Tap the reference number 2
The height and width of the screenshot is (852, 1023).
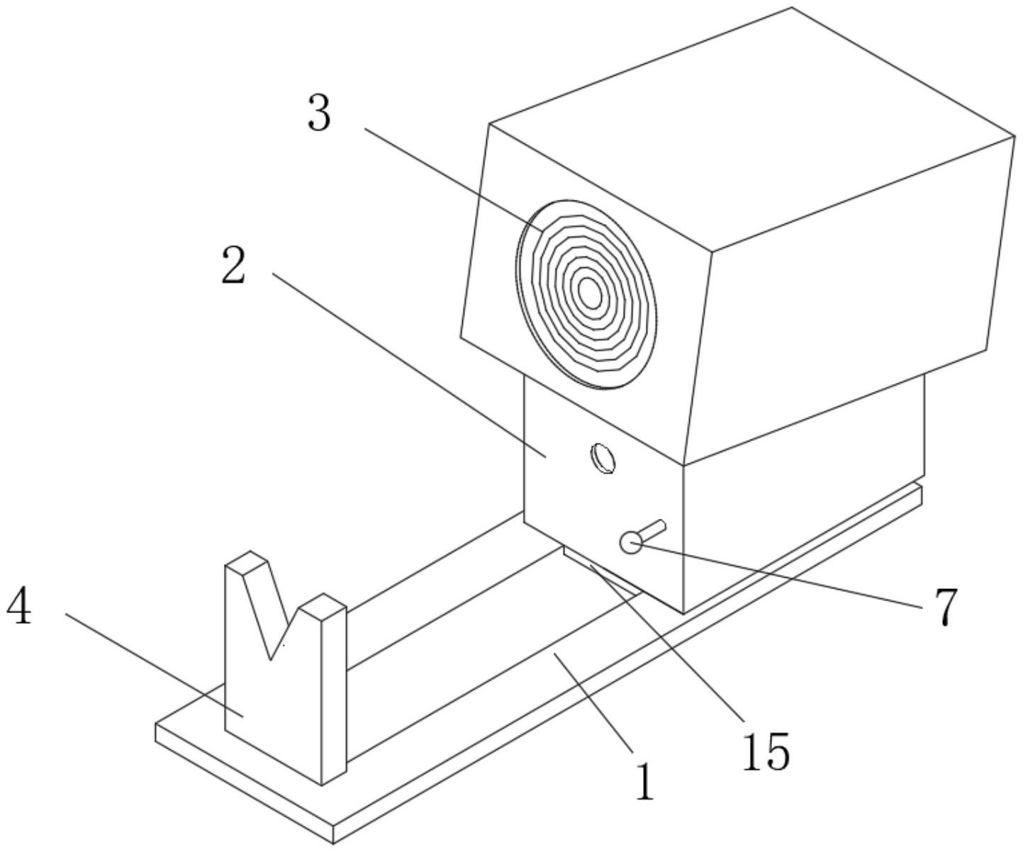(x=233, y=267)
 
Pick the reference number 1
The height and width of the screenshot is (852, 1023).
(x=644, y=781)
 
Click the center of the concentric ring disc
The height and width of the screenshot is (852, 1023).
(x=588, y=291)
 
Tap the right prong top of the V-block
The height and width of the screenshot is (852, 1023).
(x=323, y=602)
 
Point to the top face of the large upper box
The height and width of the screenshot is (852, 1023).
(x=751, y=128)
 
